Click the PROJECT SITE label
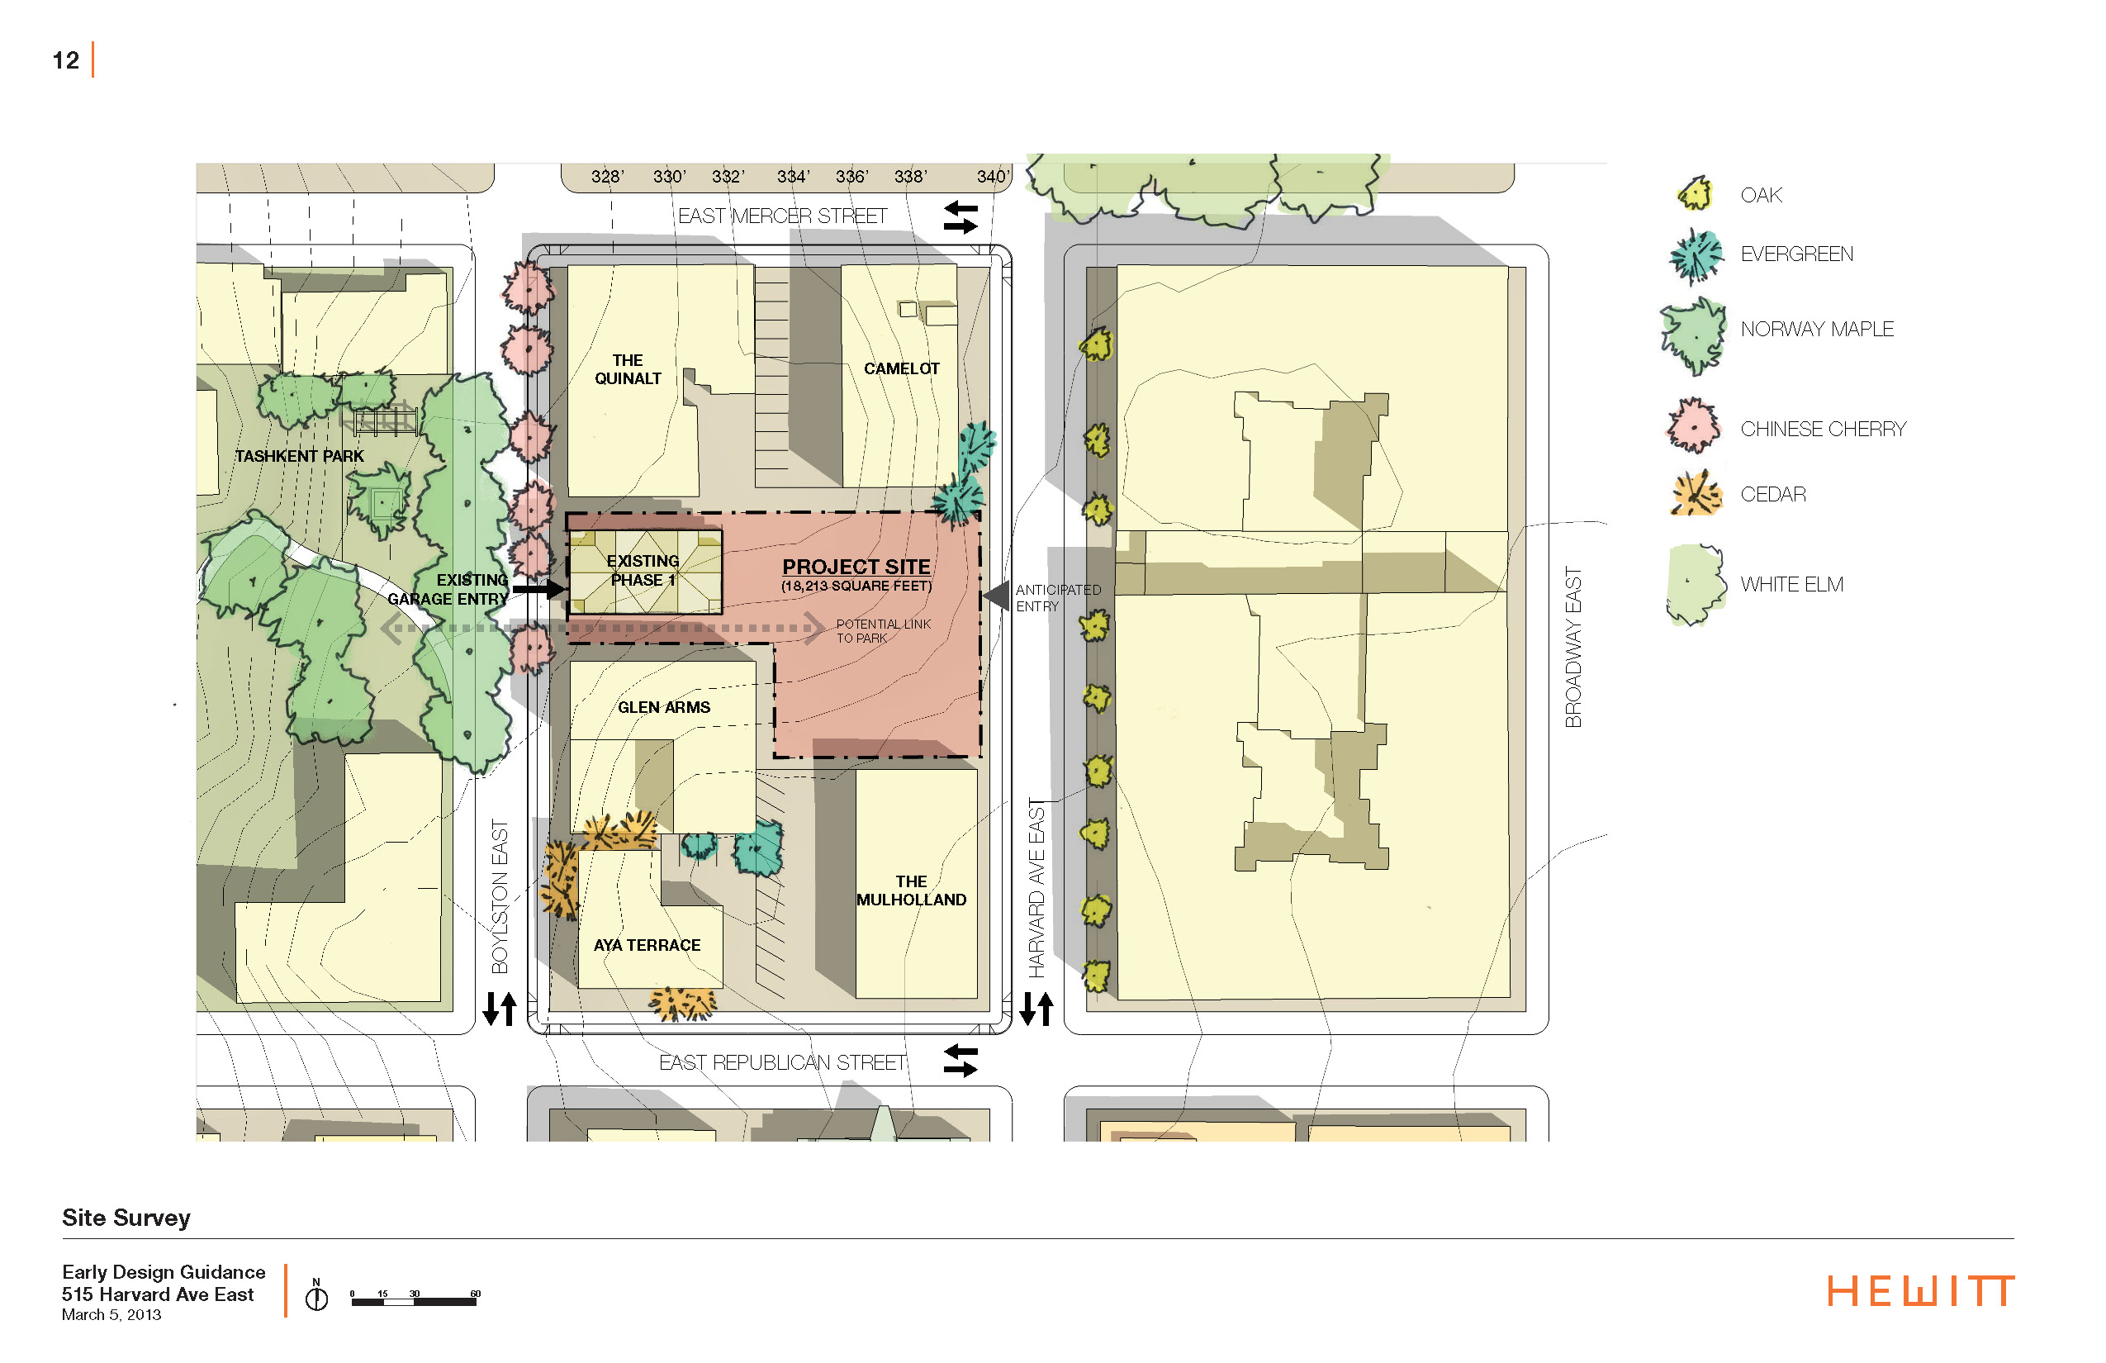point(856,567)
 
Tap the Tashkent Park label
point(299,456)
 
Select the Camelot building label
point(901,368)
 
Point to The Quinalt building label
point(628,369)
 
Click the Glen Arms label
point(664,707)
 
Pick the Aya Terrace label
point(647,945)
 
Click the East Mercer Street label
point(782,216)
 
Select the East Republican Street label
point(782,1062)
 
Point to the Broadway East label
point(1572,647)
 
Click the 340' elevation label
point(992,176)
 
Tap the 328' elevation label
point(607,176)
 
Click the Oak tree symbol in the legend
point(1696,194)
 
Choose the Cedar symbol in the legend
point(1696,494)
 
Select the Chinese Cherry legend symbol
point(1694,426)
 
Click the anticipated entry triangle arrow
point(998,596)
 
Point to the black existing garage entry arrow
point(538,588)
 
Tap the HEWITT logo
point(1921,1291)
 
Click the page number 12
point(65,60)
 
